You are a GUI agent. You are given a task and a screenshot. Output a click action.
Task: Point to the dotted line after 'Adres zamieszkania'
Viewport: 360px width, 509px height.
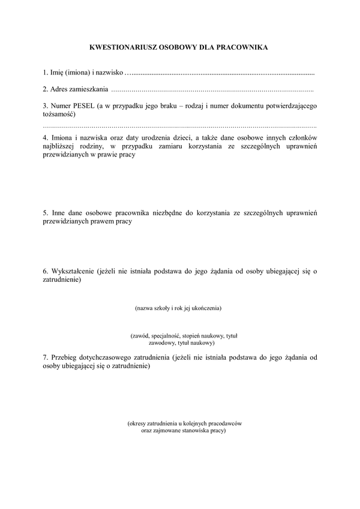213,91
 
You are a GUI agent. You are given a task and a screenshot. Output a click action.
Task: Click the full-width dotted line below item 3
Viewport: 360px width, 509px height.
180,128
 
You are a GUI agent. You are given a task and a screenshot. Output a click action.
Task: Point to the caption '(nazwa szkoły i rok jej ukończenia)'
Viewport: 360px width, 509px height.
179,308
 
